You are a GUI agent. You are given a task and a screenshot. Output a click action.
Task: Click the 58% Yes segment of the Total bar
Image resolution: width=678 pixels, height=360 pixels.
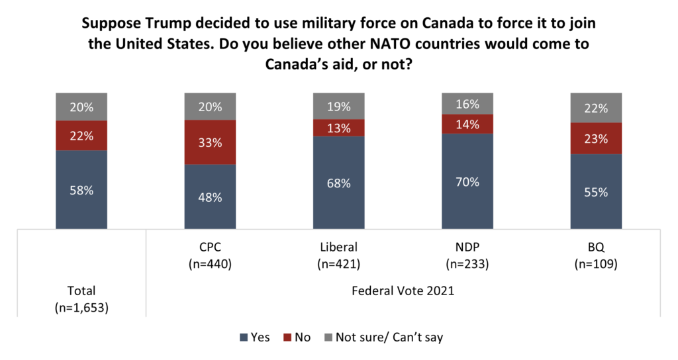(x=81, y=190)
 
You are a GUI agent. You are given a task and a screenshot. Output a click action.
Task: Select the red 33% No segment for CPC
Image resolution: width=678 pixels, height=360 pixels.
(x=210, y=142)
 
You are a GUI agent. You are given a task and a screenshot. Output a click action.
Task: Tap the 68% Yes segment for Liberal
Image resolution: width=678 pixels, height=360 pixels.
(x=338, y=183)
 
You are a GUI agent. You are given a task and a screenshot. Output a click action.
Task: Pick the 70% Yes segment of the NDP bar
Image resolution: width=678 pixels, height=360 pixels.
(x=467, y=181)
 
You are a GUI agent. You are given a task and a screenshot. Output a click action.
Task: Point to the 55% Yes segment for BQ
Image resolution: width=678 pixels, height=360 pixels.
(x=596, y=192)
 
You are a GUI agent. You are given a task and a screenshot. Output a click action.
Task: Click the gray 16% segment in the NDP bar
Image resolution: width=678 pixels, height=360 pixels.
(x=467, y=103)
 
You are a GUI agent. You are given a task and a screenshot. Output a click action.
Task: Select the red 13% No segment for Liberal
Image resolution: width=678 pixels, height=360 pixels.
(x=338, y=128)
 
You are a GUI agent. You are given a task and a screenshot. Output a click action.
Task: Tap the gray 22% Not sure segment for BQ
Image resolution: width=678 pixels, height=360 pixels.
(x=596, y=109)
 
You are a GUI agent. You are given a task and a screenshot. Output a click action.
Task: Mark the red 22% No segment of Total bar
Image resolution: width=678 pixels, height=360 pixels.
(x=81, y=136)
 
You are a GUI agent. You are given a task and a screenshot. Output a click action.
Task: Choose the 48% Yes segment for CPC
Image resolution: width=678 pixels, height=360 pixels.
(x=210, y=197)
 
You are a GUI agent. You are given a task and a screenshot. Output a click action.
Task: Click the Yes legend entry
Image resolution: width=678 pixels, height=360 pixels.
(x=254, y=337)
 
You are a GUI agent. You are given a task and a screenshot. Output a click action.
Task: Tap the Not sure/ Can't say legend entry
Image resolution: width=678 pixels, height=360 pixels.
(x=382, y=337)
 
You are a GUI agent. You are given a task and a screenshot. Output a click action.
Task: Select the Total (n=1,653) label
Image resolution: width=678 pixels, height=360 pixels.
(x=81, y=297)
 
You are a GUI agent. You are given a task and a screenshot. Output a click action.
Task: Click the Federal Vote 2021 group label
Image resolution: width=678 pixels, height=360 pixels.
(x=403, y=291)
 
